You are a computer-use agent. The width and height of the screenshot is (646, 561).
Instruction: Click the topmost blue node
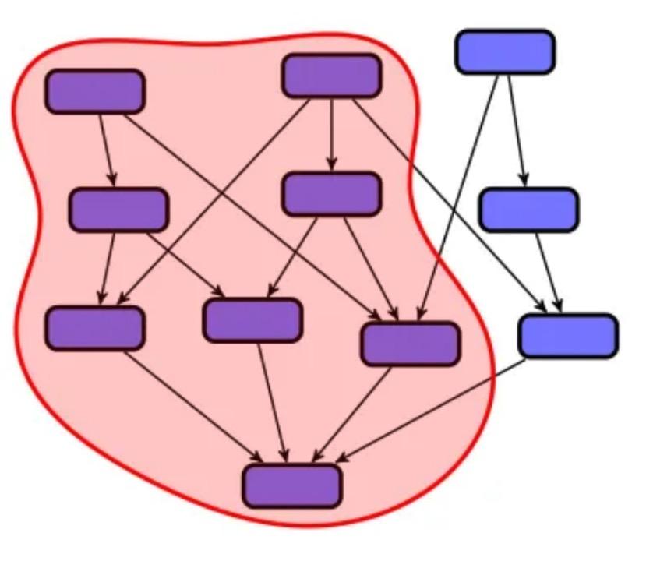(504, 51)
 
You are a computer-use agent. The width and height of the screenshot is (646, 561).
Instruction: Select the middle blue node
(528, 210)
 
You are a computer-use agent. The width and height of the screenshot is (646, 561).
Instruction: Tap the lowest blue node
(568, 336)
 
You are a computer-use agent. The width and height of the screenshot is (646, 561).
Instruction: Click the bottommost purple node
(291, 486)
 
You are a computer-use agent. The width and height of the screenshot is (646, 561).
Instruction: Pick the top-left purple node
(94, 91)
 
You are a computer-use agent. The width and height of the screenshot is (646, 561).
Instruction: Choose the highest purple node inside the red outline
(331, 76)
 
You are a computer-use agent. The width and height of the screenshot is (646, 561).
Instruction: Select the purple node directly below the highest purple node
(331, 194)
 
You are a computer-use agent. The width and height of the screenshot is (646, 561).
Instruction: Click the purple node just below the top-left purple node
(118, 210)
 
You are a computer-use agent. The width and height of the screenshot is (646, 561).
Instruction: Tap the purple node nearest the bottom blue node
(411, 344)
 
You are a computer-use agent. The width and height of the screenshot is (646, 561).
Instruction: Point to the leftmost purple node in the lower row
(94, 328)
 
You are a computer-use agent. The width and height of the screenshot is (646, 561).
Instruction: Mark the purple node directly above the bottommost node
(252, 320)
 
